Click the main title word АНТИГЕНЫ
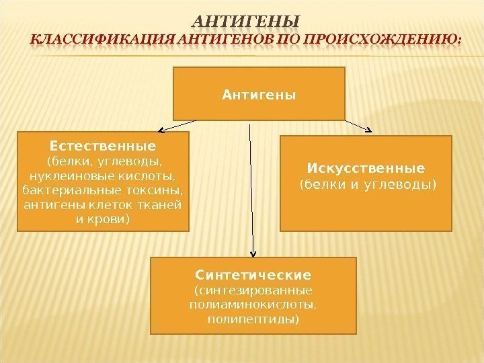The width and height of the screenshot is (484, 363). pyautogui.click(x=247, y=19)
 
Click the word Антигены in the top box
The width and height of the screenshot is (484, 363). pyautogui.click(x=259, y=95)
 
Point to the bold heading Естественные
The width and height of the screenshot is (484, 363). pyautogui.click(x=103, y=146)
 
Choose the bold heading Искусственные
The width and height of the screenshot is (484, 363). pyautogui.click(x=366, y=167)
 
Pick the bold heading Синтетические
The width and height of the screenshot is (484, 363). pyautogui.click(x=253, y=276)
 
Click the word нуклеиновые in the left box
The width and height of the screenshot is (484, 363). pyautogui.click(x=54, y=176)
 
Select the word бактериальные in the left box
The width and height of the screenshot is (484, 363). pyautogui.click(x=59, y=190)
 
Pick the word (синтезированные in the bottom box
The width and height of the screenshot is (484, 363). pyautogui.click(x=253, y=291)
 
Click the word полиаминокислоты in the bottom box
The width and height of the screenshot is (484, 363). pyautogui.click(x=253, y=305)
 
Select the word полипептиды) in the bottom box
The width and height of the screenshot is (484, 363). pyautogui.click(x=253, y=319)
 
